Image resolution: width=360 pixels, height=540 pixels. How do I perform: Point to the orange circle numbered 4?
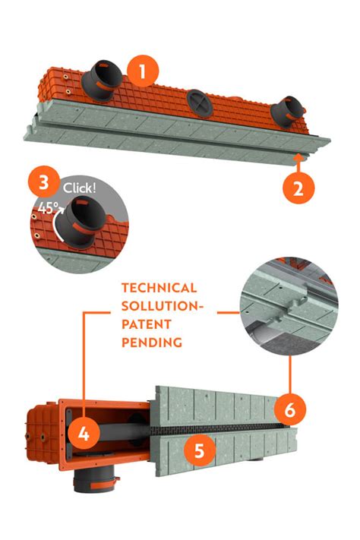pos(84,434)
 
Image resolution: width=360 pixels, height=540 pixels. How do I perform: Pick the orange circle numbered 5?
pos(199,450)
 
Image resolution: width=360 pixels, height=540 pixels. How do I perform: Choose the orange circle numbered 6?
pos(290,410)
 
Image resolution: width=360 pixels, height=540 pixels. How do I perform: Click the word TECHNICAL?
pos(159,289)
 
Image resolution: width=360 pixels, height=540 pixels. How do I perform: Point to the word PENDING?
pos(152,343)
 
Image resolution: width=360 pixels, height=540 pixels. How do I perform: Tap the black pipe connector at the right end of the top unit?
pos(289,110)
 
